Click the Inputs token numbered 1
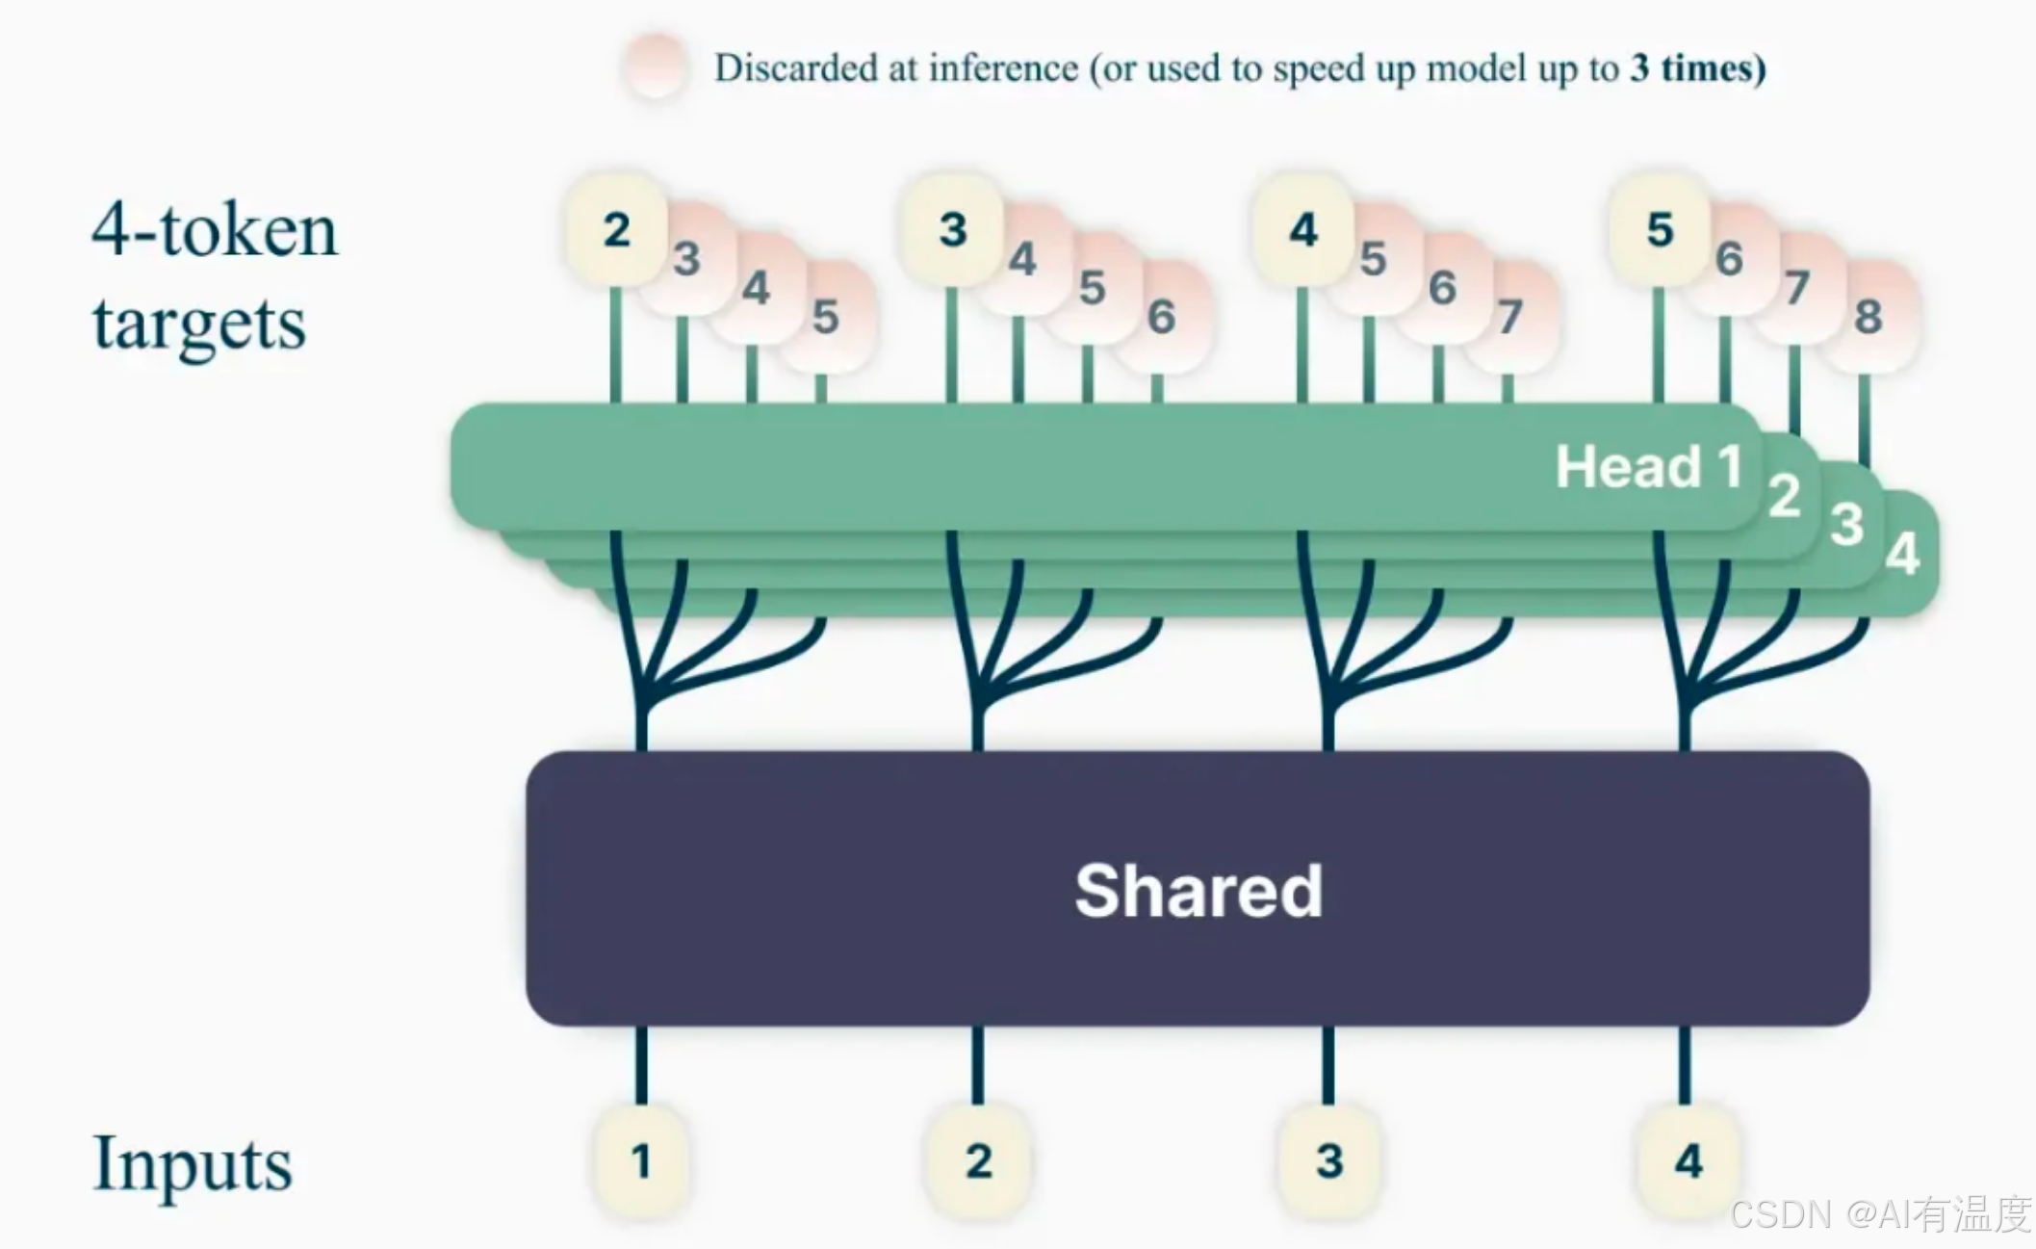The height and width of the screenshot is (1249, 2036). [641, 1160]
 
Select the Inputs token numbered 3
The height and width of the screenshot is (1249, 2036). [1328, 1160]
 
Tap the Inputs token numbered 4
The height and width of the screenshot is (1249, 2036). [1688, 1160]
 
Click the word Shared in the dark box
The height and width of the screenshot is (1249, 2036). [1198, 891]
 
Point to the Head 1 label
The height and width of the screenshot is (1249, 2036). [1648, 467]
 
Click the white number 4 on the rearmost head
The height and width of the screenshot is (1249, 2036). [1902, 554]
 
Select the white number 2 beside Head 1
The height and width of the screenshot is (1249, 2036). [1784, 497]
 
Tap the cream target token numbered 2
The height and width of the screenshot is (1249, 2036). [616, 230]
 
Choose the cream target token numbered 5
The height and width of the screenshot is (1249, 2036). [1660, 230]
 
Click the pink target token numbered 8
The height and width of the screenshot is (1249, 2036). [1868, 317]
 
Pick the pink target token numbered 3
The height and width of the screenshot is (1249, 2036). [686, 259]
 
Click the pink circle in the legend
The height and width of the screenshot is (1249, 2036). [656, 66]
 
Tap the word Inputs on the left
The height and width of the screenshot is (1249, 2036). [192, 1163]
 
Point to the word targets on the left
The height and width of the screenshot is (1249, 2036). [199, 324]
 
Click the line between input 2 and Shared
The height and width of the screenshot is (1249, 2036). [978, 1064]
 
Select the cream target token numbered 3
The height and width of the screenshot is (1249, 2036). [952, 230]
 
